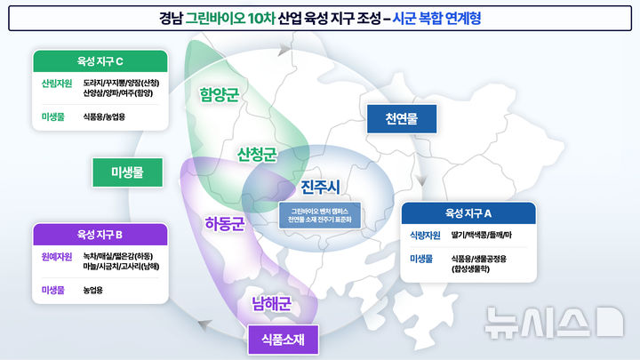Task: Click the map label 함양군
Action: tap(220, 95)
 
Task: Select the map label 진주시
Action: tap(321, 188)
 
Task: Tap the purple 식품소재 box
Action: tap(284, 340)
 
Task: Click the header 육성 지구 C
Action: tap(100, 60)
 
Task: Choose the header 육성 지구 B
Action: tap(100, 235)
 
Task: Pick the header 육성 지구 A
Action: tap(468, 213)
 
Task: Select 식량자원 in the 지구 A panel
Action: tap(425, 236)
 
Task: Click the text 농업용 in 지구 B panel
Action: tap(92, 290)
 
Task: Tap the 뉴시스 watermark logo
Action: tap(551, 322)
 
